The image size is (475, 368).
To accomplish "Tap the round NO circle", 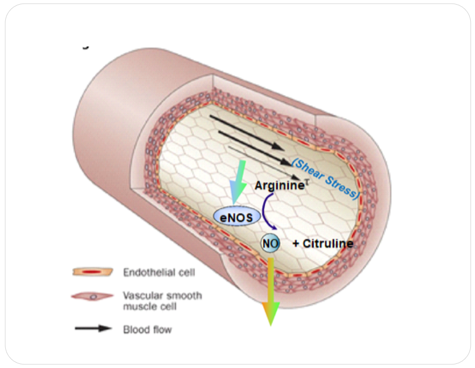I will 270,243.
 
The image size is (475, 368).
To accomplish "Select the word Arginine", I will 279,185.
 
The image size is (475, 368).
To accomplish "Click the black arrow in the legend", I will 93,329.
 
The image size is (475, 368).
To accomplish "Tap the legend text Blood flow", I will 147,329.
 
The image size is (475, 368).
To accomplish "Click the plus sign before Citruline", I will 295,243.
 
